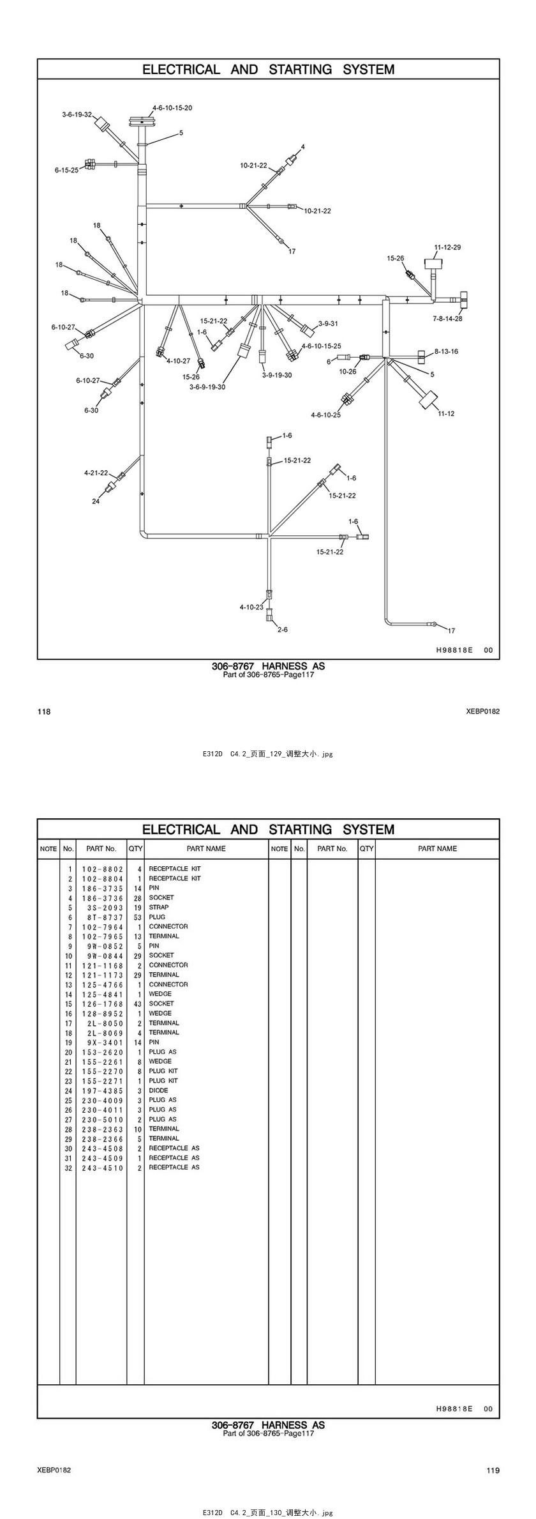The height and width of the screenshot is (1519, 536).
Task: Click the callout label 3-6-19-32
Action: click(x=77, y=114)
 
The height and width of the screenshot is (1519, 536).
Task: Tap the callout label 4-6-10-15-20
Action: click(x=172, y=108)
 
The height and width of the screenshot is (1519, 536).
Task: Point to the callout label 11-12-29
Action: click(x=447, y=247)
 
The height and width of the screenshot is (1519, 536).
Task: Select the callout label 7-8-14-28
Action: click(x=447, y=318)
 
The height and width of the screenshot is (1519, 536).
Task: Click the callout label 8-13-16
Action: click(x=446, y=351)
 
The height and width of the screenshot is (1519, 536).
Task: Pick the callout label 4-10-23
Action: click(x=251, y=607)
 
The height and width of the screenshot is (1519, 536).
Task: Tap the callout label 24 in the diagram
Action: click(x=96, y=501)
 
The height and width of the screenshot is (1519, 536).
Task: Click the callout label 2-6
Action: click(x=282, y=629)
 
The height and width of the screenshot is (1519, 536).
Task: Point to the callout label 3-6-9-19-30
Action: click(x=207, y=386)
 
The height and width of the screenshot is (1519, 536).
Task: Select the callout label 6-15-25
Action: click(x=66, y=171)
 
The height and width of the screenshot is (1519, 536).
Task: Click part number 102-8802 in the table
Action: click(x=102, y=869)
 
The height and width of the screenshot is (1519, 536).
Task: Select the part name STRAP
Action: click(x=159, y=907)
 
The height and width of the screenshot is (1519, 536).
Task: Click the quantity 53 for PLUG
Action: click(x=137, y=917)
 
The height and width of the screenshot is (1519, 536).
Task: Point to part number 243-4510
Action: click(x=102, y=1167)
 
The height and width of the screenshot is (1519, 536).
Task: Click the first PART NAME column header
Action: click(x=205, y=848)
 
